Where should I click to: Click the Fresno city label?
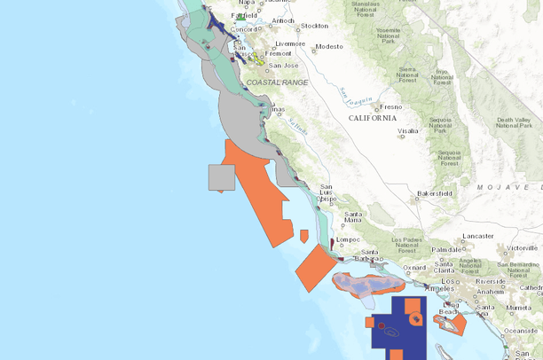point(390,106)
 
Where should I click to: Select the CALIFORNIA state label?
point(373,118)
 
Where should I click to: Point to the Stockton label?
point(314,26)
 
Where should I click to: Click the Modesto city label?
point(327,46)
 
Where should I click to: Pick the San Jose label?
point(283,65)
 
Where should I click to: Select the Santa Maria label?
point(354,217)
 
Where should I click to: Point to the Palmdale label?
point(447,250)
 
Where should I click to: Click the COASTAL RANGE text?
point(277,82)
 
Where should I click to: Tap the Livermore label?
point(289,43)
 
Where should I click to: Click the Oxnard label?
point(414,267)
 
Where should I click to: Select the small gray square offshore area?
point(221,177)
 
